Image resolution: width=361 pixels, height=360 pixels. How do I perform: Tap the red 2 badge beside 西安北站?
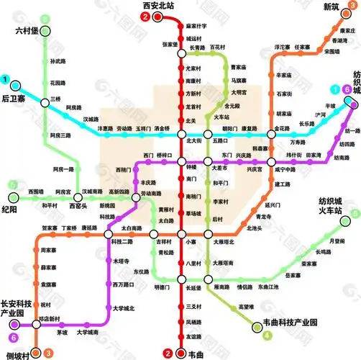[x=146, y=16]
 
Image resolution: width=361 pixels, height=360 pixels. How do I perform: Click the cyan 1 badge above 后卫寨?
[x=6, y=80]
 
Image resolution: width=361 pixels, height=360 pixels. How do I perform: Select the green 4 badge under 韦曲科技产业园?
[x=268, y=335]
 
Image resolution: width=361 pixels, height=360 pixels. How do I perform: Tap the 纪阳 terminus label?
[x=9, y=210]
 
